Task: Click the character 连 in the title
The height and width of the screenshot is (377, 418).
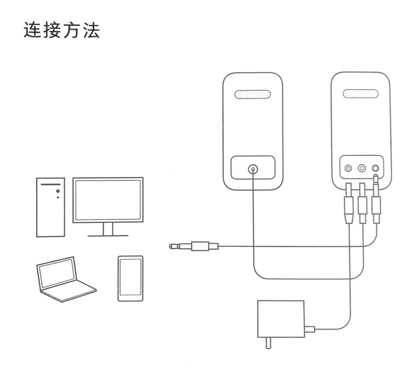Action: point(33,30)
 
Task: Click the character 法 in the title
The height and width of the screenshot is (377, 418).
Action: point(92,30)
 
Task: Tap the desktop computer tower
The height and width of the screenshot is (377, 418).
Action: point(50,207)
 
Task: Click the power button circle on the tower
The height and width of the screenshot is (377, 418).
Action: point(58,191)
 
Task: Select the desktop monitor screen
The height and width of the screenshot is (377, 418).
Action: point(108,200)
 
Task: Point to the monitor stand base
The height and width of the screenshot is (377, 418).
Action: point(108,235)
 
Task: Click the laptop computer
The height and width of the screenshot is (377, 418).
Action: point(66,280)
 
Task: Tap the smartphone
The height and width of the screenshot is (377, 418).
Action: point(131,278)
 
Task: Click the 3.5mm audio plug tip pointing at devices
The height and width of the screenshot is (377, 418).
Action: point(171,246)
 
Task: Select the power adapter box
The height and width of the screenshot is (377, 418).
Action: point(281,319)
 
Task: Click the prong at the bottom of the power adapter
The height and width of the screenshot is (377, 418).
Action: point(268,343)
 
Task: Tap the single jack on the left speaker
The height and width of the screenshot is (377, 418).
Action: point(253,169)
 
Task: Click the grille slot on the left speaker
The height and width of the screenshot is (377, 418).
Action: point(253,94)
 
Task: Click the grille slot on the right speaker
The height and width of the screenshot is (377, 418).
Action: point(361,93)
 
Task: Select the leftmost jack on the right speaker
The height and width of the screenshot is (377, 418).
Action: point(348,168)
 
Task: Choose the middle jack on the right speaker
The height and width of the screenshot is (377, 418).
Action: point(362,168)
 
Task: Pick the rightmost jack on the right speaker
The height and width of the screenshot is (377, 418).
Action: point(376,168)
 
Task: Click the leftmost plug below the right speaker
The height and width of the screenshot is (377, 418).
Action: point(349,203)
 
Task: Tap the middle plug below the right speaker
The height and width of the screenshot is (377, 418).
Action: point(362,203)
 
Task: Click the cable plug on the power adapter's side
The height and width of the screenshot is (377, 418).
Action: point(310,329)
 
